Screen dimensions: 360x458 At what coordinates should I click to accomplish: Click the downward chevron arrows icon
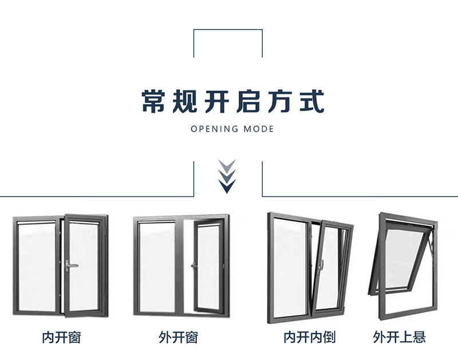(x=228, y=176)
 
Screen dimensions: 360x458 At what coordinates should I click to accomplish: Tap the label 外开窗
(x=178, y=337)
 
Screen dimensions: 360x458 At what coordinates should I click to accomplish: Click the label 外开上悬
(x=400, y=337)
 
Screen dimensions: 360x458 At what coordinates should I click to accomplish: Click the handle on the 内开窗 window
(x=69, y=265)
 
